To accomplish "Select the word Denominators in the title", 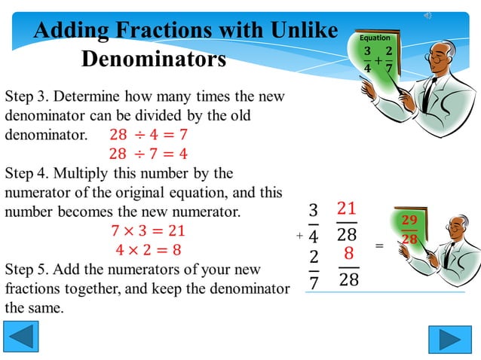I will (x=154, y=59).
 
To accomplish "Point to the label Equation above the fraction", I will (x=375, y=38).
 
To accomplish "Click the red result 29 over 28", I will (x=409, y=230).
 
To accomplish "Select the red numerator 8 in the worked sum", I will (x=348, y=254).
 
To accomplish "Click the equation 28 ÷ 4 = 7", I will (x=148, y=136).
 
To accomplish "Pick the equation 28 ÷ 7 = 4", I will (x=148, y=154).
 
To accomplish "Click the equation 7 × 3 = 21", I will (x=148, y=230).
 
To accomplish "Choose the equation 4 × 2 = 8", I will (x=148, y=249).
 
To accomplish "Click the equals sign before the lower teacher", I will (x=379, y=246).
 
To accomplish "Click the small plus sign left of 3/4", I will (x=299, y=236).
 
